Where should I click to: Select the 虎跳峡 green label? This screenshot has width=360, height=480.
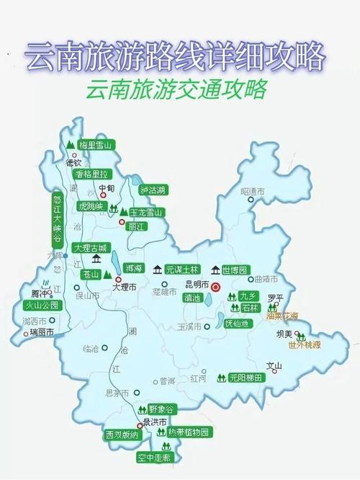click(91, 205)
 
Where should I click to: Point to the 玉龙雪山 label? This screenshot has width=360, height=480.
click(147, 213)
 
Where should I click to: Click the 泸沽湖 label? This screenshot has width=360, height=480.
click(153, 190)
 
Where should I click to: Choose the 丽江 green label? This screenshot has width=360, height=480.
click(136, 226)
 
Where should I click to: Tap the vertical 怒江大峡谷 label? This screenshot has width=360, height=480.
click(58, 218)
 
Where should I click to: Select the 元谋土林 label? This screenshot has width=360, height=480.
click(180, 270)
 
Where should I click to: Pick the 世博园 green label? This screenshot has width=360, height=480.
click(234, 270)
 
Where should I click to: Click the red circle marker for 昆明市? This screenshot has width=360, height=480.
click(215, 285)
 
